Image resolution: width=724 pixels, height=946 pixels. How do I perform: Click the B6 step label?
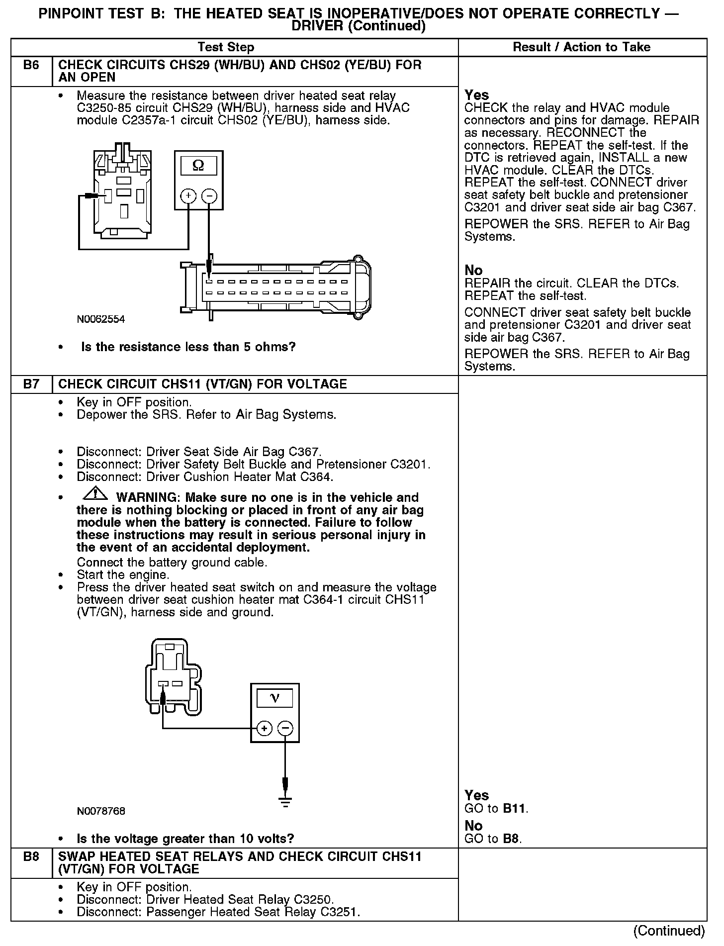[x=31, y=65]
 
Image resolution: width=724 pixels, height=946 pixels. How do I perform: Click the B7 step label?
[x=31, y=384]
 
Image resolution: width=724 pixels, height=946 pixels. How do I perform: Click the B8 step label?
[x=31, y=856]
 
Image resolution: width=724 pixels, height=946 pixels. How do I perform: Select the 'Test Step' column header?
[x=226, y=47]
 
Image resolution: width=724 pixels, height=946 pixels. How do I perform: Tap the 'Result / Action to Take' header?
[x=581, y=47]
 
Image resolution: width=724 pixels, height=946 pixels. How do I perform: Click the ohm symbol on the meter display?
[x=198, y=165]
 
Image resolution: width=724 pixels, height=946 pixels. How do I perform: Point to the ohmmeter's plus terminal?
[x=188, y=196]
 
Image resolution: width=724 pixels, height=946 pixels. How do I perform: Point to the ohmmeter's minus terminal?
[x=209, y=196]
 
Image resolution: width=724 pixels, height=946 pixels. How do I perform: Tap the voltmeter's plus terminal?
[x=264, y=729]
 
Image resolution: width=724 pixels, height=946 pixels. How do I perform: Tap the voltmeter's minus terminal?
[x=285, y=729]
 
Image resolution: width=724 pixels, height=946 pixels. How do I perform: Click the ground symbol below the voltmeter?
[x=285, y=802]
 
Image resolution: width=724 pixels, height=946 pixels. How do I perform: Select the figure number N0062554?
[x=101, y=319]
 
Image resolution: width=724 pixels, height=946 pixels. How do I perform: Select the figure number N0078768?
[x=101, y=811]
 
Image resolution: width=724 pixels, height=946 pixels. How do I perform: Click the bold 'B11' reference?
[x=514, y=809]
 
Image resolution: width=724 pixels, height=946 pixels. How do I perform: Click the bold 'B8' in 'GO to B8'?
[x=511, y=839]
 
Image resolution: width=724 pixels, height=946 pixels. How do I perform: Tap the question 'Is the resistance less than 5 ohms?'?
[x=188, y=347]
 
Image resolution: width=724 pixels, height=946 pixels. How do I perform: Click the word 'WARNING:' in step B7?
[x=147, y=497]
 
